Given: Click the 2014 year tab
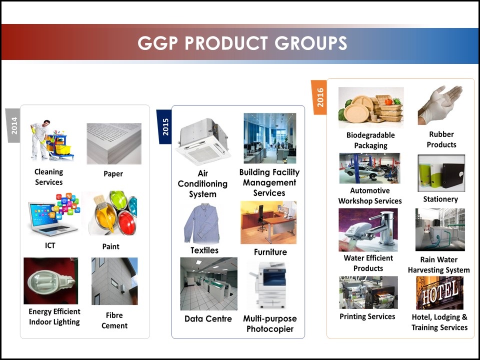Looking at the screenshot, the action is tap(13, 125).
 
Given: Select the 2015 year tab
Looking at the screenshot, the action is tap(164, 126).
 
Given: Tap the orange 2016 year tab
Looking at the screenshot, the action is tap(318, 97).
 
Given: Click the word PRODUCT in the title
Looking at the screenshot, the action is tap(226, 43).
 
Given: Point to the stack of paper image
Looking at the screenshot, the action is tap(114, 143).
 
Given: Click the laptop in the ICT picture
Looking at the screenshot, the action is tap(50, 218).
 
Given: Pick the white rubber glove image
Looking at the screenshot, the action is tap(440, 105).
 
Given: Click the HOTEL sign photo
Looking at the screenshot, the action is tap(439, 293).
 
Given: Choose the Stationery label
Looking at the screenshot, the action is tap(440, 199).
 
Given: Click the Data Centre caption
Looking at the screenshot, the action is tap(208, 318).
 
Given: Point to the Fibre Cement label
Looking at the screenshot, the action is tap(114, 320).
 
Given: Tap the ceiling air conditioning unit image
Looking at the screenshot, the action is tap(203, 141).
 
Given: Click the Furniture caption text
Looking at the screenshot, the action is tap(270, 252).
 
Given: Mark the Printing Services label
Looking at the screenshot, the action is tap(367, 316).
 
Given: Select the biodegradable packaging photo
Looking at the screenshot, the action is tap(371, 107).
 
